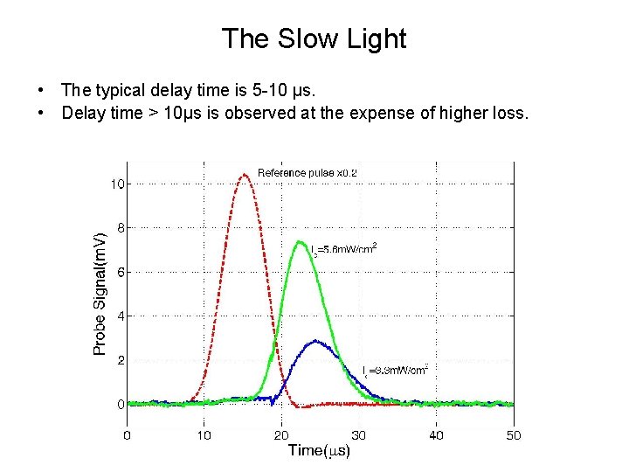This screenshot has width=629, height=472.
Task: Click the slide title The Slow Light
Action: [x=314, y=39]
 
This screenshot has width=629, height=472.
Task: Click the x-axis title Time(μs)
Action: [x=319, y=451]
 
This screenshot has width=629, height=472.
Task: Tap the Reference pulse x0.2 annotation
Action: [x=307, y=172]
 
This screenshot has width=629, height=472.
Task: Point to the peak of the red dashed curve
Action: [x=245, y=175]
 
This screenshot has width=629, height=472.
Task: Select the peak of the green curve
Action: [x=300, y=241]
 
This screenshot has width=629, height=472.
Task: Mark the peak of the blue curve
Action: [x=315, y=341]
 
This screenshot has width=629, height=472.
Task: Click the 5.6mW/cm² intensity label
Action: [x=344, y=249]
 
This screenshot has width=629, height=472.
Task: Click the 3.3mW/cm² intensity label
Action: [x=395, y=371]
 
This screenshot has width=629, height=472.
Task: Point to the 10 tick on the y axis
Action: [x=116, y=184]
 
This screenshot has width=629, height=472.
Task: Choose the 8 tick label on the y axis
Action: [x=119, y=227]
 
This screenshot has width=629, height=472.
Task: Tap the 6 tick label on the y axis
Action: [x=119, y=272]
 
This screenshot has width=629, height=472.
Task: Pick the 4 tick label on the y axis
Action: [x=119, y=316]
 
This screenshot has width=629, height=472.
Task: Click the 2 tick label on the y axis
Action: [x=119, y=360]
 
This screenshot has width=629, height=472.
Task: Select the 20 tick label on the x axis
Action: [x=281, y=434]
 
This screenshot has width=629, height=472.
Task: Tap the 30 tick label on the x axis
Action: [x=358, y=434]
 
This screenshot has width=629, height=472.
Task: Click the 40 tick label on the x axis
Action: [x=436, y=434]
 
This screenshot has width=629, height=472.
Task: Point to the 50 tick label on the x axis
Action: [x=513, y=434]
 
